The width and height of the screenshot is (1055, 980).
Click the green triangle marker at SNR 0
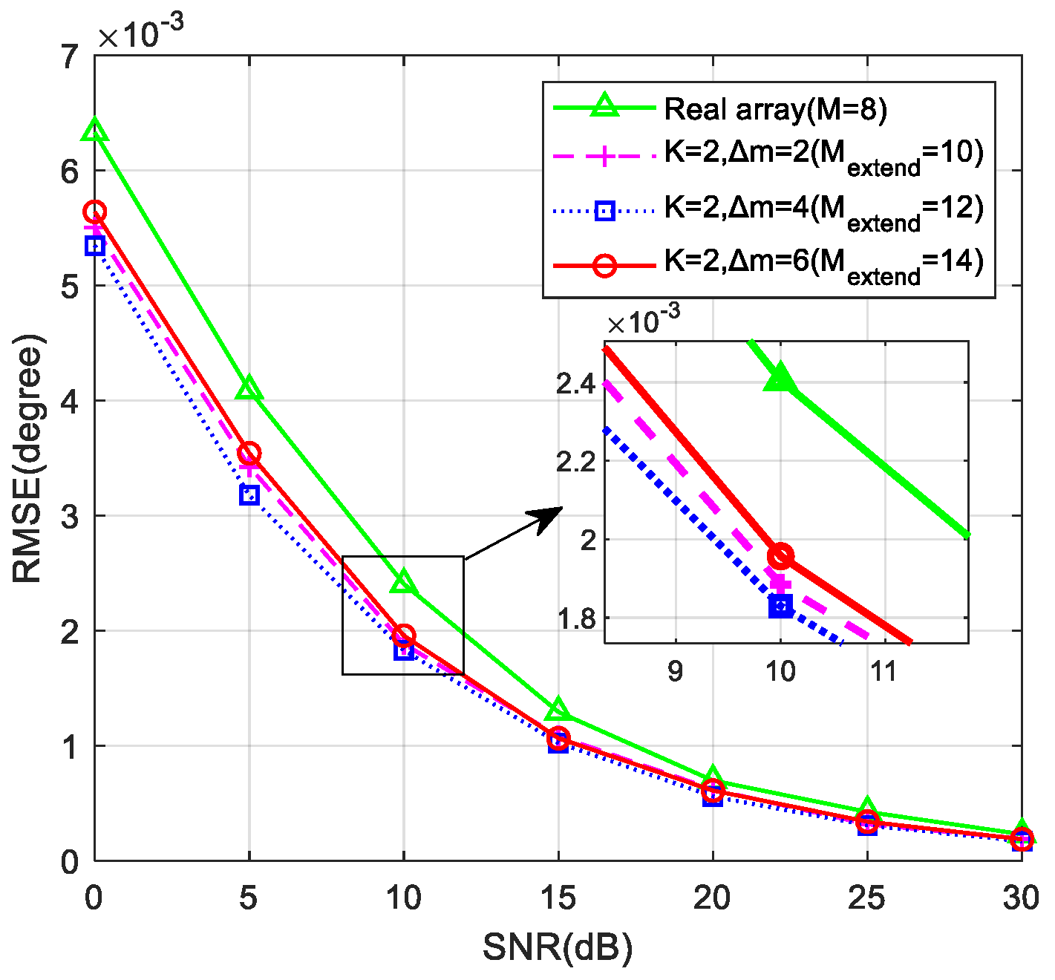(95, 131)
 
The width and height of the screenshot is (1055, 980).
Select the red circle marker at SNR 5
(249, 453)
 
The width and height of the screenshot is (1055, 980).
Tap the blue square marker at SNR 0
(94, 246)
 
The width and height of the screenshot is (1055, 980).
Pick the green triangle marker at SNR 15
(558, 710)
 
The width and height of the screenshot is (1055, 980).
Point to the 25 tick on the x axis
(867, 898)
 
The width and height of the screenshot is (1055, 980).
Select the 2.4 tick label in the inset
(576, 385)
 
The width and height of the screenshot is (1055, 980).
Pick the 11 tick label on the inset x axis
(883, 671)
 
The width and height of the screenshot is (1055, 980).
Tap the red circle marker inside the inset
(780, 555)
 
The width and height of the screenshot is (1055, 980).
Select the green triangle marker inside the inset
(780, 379)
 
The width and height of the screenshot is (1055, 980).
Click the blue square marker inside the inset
(780, 606)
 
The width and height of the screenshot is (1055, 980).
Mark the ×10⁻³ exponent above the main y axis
(141, 33)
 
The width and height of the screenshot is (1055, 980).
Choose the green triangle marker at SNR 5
(249, 388)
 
